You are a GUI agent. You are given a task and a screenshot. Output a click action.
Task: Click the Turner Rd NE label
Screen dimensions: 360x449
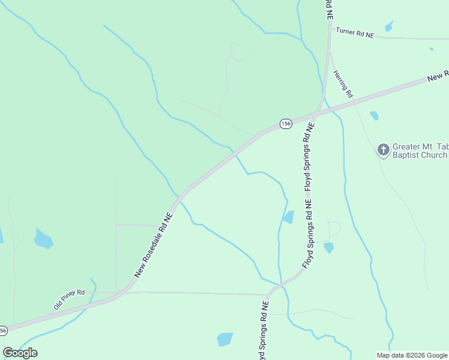(x=355, y=33)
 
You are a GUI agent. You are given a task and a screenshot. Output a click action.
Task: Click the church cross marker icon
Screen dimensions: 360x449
(x=383, y=149)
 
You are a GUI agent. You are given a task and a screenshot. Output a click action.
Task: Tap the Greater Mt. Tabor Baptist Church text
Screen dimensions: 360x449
(x=420, y=151)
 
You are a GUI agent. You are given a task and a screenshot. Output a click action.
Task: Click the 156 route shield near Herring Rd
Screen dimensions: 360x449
(x=286, y=124)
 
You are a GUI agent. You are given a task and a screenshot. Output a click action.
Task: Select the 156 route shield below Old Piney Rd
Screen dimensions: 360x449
(x=3, y=331)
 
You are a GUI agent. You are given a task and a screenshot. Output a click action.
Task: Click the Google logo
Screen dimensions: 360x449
(x=20, y=352)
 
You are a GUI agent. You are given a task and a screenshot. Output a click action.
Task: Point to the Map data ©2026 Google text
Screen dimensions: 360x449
(x=412, y=355)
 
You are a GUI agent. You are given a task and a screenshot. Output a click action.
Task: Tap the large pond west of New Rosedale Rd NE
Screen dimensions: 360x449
(x=43, y=239)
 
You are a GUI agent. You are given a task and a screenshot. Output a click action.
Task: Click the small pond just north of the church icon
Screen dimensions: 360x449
(x=375, y=116)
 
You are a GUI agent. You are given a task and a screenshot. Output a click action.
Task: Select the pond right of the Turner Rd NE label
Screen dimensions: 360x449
(x=389, y=26)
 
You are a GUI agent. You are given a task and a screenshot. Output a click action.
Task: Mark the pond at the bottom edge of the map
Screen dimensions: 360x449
(x=225, y=339)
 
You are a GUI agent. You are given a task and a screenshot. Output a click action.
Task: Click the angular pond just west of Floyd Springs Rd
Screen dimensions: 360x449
(x=289, y=217)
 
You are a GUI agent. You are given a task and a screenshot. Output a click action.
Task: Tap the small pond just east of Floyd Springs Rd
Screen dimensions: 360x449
(x=328, y=247)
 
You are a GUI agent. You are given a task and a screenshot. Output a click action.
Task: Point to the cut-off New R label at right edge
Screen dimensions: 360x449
(x=438, y=77)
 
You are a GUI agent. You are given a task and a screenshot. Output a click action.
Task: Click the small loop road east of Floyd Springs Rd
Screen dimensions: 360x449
(x=333, y=229)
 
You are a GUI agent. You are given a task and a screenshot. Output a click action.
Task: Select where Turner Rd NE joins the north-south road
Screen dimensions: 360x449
(x=329, y=29)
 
